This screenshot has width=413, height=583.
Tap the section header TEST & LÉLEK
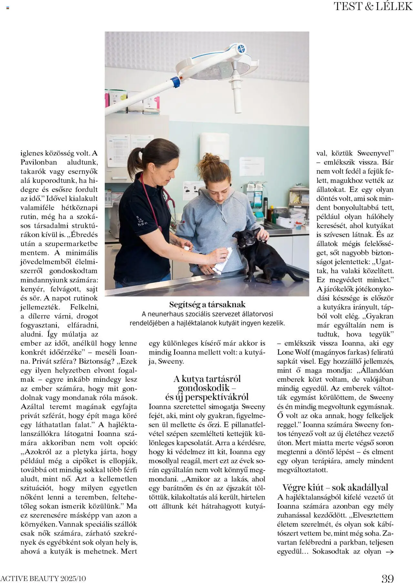click(373, 6)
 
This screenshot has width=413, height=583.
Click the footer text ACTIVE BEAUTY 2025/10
click(43, 578)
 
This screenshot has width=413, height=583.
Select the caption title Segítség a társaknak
click(207, 304)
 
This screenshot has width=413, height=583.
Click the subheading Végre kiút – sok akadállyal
click(335, 487)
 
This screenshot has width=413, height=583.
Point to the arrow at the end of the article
click(390, 552)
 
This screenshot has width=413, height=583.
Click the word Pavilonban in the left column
click(39, 162)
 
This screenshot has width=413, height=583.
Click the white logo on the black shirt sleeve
click(142, 221)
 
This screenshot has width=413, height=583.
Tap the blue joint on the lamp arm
click(176, 82)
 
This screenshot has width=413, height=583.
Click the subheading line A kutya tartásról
click(207, 379)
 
